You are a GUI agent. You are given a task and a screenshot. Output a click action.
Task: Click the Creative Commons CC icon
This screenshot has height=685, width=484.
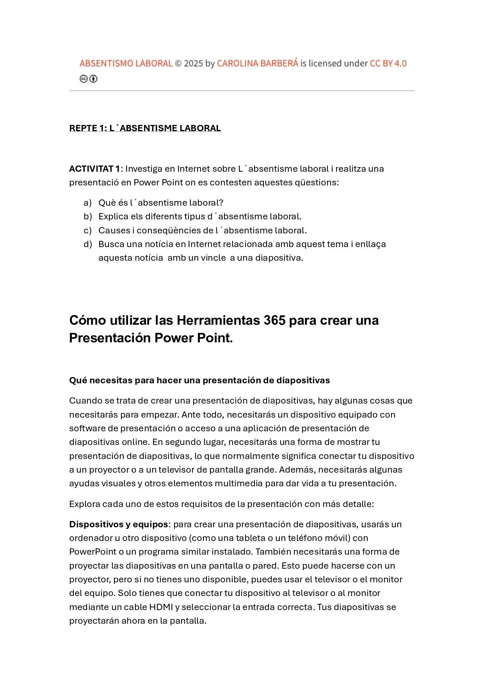pyautogui.click(x=83, y=79)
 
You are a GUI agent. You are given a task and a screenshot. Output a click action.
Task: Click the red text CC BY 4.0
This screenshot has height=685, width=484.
pyautogui.click(x=388, y=64)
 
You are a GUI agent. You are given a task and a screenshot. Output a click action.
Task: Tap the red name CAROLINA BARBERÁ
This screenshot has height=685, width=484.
pyautogui.click(x=257, y=64)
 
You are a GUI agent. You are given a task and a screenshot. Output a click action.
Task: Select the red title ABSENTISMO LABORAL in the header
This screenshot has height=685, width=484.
pyautogui.click(x=126, y=64)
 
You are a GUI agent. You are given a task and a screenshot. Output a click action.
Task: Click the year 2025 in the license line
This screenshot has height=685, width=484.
pyautogui.click(x=194, y=64)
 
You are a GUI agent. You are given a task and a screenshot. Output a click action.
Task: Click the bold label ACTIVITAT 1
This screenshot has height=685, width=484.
pyautogui.click(x=94, y=169)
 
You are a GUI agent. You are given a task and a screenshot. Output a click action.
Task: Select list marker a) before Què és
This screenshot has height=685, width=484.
pyautogui.click(x=87, y=203)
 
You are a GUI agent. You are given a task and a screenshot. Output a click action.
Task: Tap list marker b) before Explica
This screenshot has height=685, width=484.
pyautogui.click(x=87, y=217)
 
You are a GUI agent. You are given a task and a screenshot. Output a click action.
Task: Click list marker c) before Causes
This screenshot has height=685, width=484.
pyautogui.click(x=87, y=231)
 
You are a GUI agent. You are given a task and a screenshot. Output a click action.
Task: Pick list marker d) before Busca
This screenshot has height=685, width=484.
pyautogui.click(x=87, y=244)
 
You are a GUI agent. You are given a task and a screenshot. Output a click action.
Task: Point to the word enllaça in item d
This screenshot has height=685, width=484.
pyautogui.click(x=370, y=244)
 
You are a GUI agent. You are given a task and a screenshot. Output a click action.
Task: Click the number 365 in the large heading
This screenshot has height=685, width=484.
pyautogui.click(x=274, y=320)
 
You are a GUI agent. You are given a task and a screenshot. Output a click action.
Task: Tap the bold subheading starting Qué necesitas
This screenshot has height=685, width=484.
pyautogui.click(x=199, y=381)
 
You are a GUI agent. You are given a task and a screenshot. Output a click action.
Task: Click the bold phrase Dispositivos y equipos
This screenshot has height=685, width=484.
pyautogui.click(x=119, y=525)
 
